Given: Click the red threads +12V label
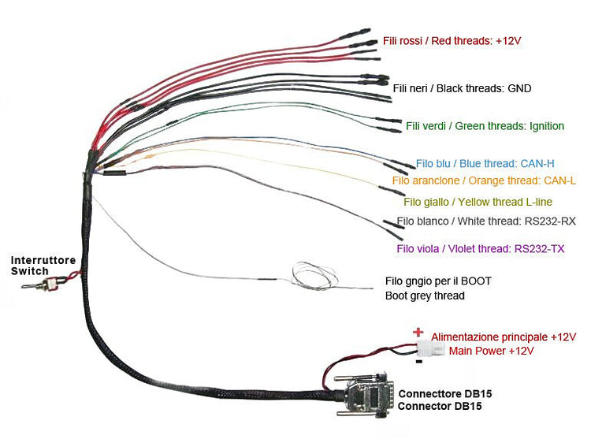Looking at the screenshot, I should (x=453, y=39).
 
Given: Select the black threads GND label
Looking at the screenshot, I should (x=462, y=88).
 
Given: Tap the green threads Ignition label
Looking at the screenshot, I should (x=485, y=126).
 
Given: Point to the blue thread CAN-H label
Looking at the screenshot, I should (x=485, y=164).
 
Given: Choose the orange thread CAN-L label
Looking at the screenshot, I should (x=483, y=181).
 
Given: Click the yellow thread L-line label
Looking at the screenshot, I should (x=483, y=202).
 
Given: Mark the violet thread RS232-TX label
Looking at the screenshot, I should (x=481, y=249).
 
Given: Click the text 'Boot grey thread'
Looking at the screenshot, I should (x=425, y=296).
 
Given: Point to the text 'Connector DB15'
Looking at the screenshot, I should (x=440, y=407).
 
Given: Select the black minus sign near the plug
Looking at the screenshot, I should (x=419, y=363).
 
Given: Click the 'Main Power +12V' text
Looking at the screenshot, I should (x=492, y=350).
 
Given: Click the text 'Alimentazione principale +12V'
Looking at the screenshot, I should (x=504, y=337).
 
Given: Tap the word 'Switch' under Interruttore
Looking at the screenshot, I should (x=29, y=271).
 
